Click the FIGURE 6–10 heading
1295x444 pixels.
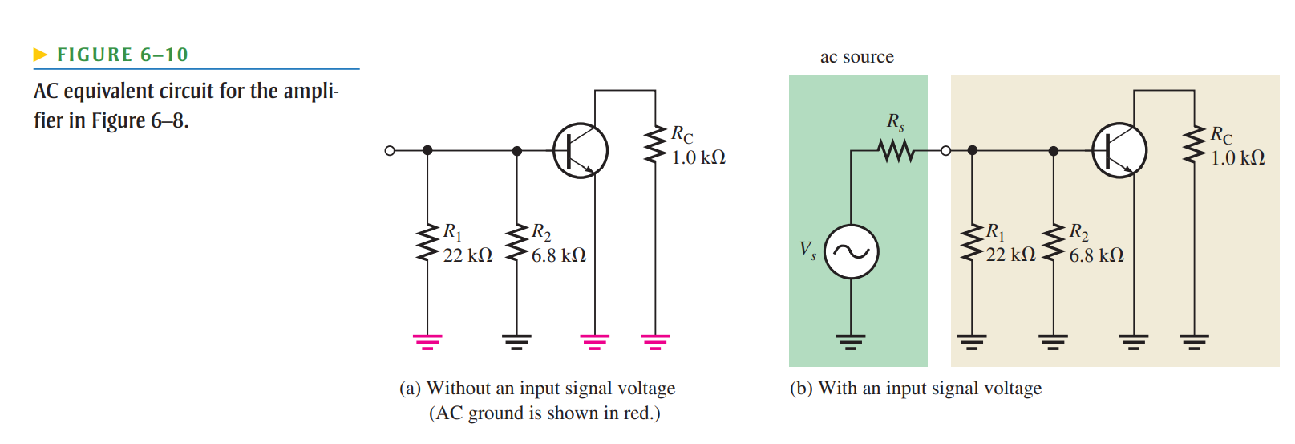coord(122,55)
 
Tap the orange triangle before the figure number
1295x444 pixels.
coord(40,55)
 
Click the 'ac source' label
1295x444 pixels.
coord(856,57)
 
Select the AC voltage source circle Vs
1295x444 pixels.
coord(852,252)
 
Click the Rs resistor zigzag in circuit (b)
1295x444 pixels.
coord(896,150)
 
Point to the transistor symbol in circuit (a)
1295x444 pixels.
coord(581,150)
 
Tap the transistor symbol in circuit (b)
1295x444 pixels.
coord(1119,150)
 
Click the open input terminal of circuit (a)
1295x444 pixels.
coord(390,150)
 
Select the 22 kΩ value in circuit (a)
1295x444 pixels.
coord(467,255)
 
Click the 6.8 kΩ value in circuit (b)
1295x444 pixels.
coord(1096,255)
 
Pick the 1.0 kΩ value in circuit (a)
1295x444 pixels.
coord(698,157)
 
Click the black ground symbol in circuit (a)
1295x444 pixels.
coord(517,342)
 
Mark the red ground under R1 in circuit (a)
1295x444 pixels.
coord(427,342)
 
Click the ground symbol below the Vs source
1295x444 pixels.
coord(852,342)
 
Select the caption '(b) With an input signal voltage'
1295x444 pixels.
coord(915,389)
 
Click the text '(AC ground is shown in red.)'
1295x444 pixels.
coord(544,413)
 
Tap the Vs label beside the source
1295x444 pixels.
coord(807,250)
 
